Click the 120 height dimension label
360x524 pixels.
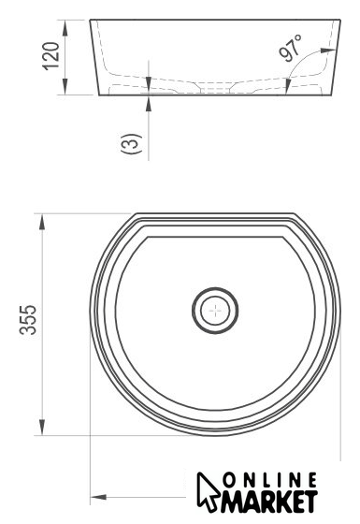50,56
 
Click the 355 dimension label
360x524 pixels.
28,320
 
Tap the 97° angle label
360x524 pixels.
290,48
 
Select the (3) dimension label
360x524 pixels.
132,143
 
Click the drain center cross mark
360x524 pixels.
215,311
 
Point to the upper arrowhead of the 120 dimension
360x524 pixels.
65,28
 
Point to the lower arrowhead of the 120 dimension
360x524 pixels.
65,86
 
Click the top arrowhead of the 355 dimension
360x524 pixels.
42,222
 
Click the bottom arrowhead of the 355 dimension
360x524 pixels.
42,427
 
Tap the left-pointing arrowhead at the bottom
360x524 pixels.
98,497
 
